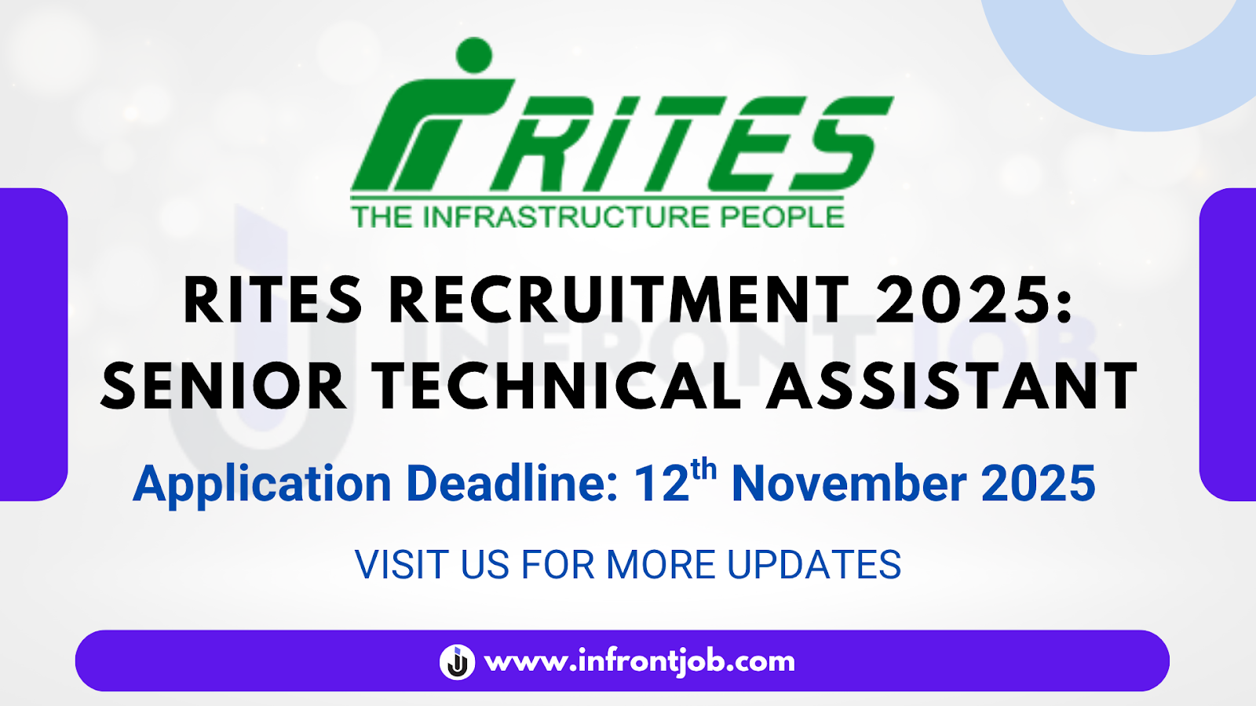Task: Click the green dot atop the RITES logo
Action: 473,55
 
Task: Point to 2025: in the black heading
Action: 974,300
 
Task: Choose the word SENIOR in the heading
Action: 225,387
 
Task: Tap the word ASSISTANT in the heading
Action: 951,387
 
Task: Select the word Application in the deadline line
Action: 262,484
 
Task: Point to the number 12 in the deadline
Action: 661,484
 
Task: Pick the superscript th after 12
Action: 703,469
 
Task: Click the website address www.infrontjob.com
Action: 640,661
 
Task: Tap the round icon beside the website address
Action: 457,661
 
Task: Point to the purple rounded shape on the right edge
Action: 1228,344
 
